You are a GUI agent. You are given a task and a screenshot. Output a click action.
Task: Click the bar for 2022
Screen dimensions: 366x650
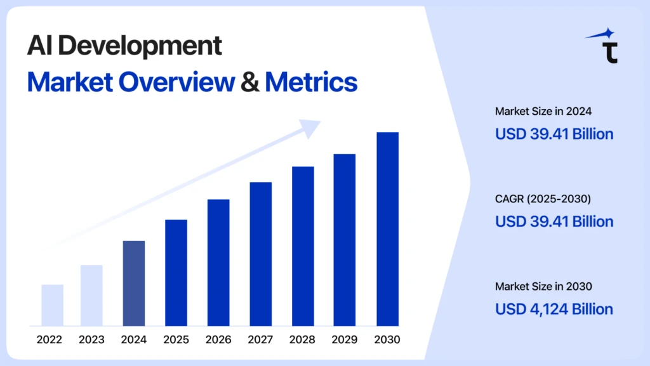click(52, 305)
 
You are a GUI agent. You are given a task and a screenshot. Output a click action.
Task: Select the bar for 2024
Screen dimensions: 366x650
click(133, 284)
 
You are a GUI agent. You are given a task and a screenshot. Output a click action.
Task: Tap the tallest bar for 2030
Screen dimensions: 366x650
click(387, 229)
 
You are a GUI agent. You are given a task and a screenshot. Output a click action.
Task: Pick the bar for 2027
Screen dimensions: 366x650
click(260, 254)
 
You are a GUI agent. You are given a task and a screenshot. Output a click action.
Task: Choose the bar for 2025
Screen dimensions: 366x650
click(176, 273)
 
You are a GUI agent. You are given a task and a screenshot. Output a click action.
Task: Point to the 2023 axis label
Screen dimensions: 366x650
click(91, 339)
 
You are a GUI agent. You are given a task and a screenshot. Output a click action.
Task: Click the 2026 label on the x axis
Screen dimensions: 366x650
click(218, 339)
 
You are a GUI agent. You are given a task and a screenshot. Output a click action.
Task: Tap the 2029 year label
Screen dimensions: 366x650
click(345, 339)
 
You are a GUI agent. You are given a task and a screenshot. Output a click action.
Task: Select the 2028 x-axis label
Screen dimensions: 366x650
click(303, 339)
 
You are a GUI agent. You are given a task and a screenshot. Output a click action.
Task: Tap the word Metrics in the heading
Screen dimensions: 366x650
click(311, 82)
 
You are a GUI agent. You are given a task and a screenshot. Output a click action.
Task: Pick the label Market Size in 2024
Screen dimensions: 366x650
click(543, 112)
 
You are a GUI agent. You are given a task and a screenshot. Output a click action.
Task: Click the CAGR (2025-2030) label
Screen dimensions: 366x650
click(543, 199)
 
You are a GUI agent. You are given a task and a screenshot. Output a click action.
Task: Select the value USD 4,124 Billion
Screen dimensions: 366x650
click(554, 309)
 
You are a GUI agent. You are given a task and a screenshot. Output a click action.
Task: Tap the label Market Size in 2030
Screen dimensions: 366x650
click(543, 287)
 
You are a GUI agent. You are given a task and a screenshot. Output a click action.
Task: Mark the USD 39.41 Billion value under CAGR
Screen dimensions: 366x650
click(554, 221)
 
